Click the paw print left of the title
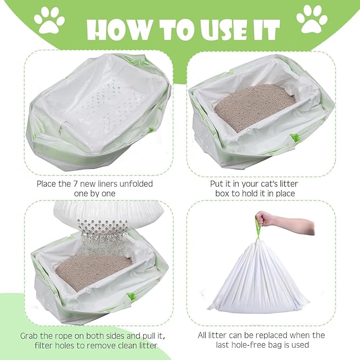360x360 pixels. coord(49,20)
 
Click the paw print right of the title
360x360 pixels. coord(312,19)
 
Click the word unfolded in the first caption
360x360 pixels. coord(134,183)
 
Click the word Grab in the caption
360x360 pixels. coord(31,336)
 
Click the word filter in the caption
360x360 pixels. coord(47,345)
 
